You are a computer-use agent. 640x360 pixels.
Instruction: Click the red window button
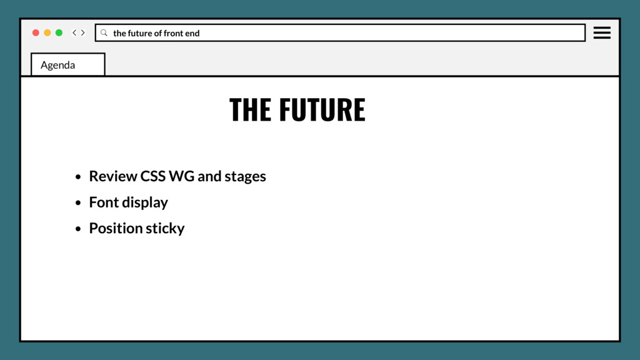(x=36, y=32)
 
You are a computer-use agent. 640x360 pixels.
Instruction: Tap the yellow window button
(x=47, y=32)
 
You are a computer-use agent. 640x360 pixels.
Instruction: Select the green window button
(x=59, y=32)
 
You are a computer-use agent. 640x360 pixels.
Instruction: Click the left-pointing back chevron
(x=74, y=32)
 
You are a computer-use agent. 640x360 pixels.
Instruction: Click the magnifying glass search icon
(x=104, y=32)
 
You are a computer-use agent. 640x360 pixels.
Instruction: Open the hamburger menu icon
(x=602, y=32)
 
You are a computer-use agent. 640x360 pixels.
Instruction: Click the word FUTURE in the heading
(x=322, y=109)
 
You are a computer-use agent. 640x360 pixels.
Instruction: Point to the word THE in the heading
(x=250, y=109)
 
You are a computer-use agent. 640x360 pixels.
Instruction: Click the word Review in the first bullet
(x=112, y=176)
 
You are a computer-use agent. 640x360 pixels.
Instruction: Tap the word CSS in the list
(x=152, y=176)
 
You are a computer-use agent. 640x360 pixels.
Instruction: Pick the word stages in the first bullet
(x=246, y=177)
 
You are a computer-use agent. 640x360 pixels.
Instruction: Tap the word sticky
(x=165, y=229)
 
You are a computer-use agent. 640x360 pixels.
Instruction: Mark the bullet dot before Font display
(x=77, y=203)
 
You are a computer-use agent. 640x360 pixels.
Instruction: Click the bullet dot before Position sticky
(x=77, y=229)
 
